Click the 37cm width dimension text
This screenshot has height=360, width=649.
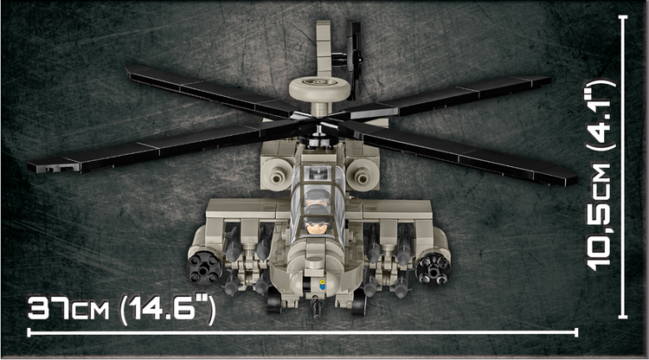pos(68,308)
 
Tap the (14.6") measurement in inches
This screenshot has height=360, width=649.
pos(167,309)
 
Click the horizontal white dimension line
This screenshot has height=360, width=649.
pos(303,332)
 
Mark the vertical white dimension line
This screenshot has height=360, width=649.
pos(623,167)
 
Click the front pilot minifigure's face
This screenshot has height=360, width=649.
pos(318,228)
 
